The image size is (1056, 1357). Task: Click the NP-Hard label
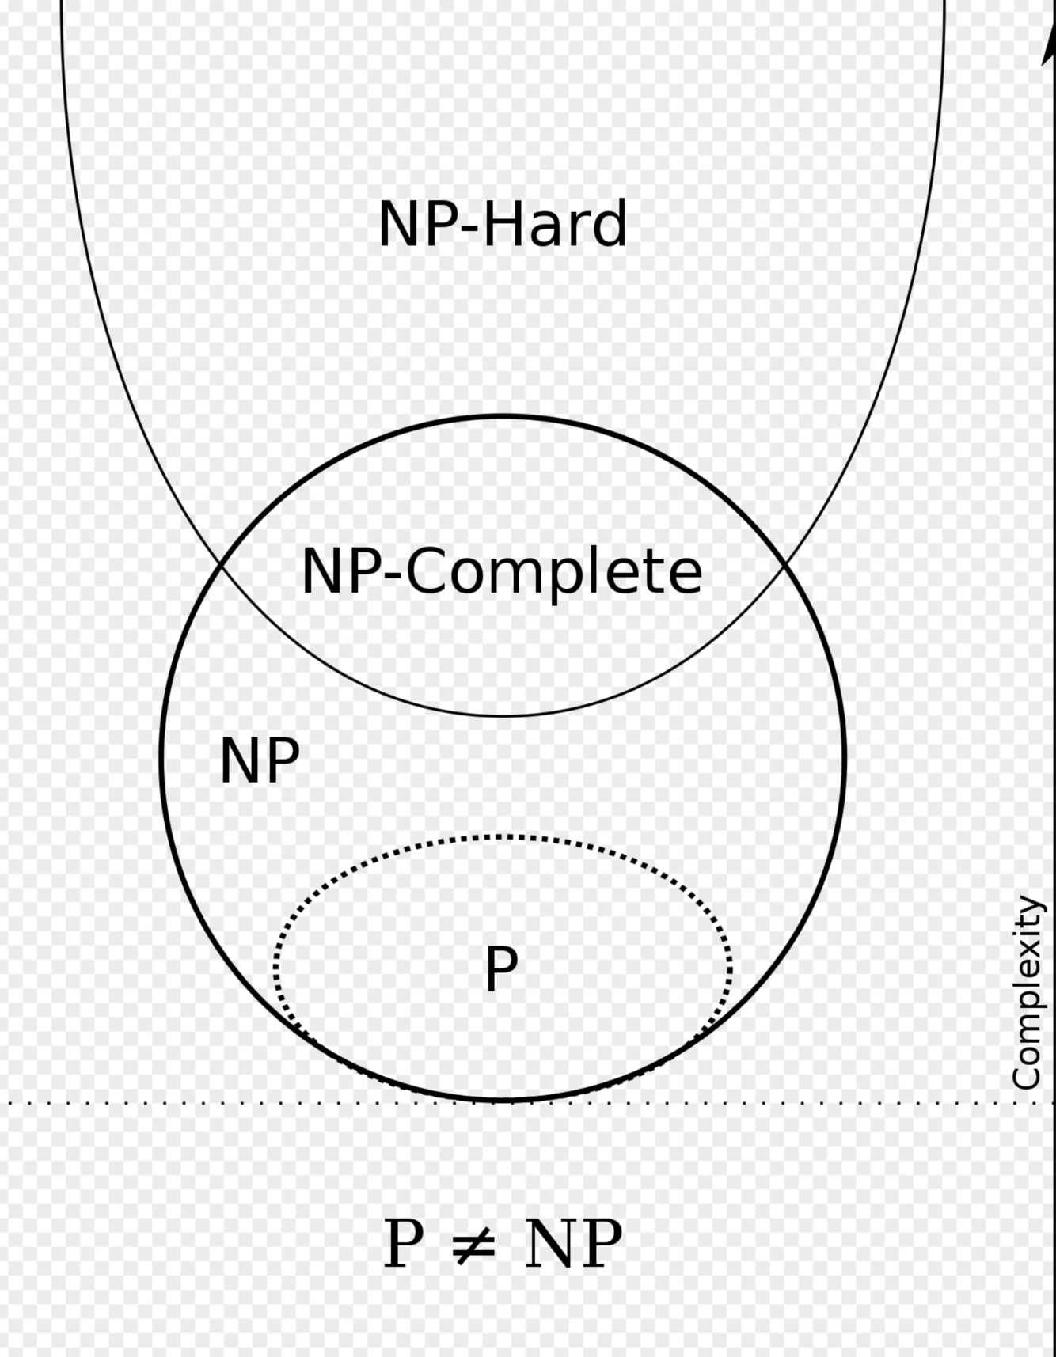coord(503,225)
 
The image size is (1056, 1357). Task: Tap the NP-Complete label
coord(502,571)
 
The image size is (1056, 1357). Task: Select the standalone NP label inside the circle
coord(260,761)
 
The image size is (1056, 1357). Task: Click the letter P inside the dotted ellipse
coord(501,968)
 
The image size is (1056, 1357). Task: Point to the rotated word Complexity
coord(1027,993)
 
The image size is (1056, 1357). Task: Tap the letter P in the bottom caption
coord(403,1245)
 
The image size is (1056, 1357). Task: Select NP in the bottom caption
coord(573,1245)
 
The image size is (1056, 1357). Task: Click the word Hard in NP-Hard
coord(555,225)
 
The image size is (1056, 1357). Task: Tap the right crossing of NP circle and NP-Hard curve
coord(784,564)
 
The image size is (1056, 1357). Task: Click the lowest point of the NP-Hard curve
coord(503,715)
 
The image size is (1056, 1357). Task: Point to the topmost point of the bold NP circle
coord(503,415)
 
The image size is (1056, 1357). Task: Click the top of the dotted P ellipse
coord(503,836)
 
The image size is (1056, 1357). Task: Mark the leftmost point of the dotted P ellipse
coord(275,967)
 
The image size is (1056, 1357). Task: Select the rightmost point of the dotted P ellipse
coord(730,967)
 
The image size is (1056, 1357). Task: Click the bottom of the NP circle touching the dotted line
coord(503,1100)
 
